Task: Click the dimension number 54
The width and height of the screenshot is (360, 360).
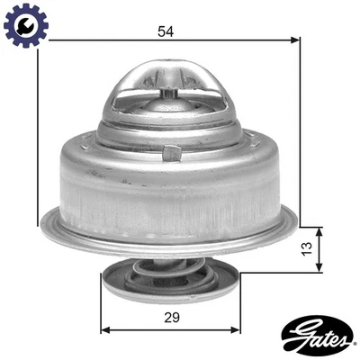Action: click(x=165, y=31)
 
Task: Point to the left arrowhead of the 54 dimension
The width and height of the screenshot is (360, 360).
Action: click(x=42, y=40)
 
